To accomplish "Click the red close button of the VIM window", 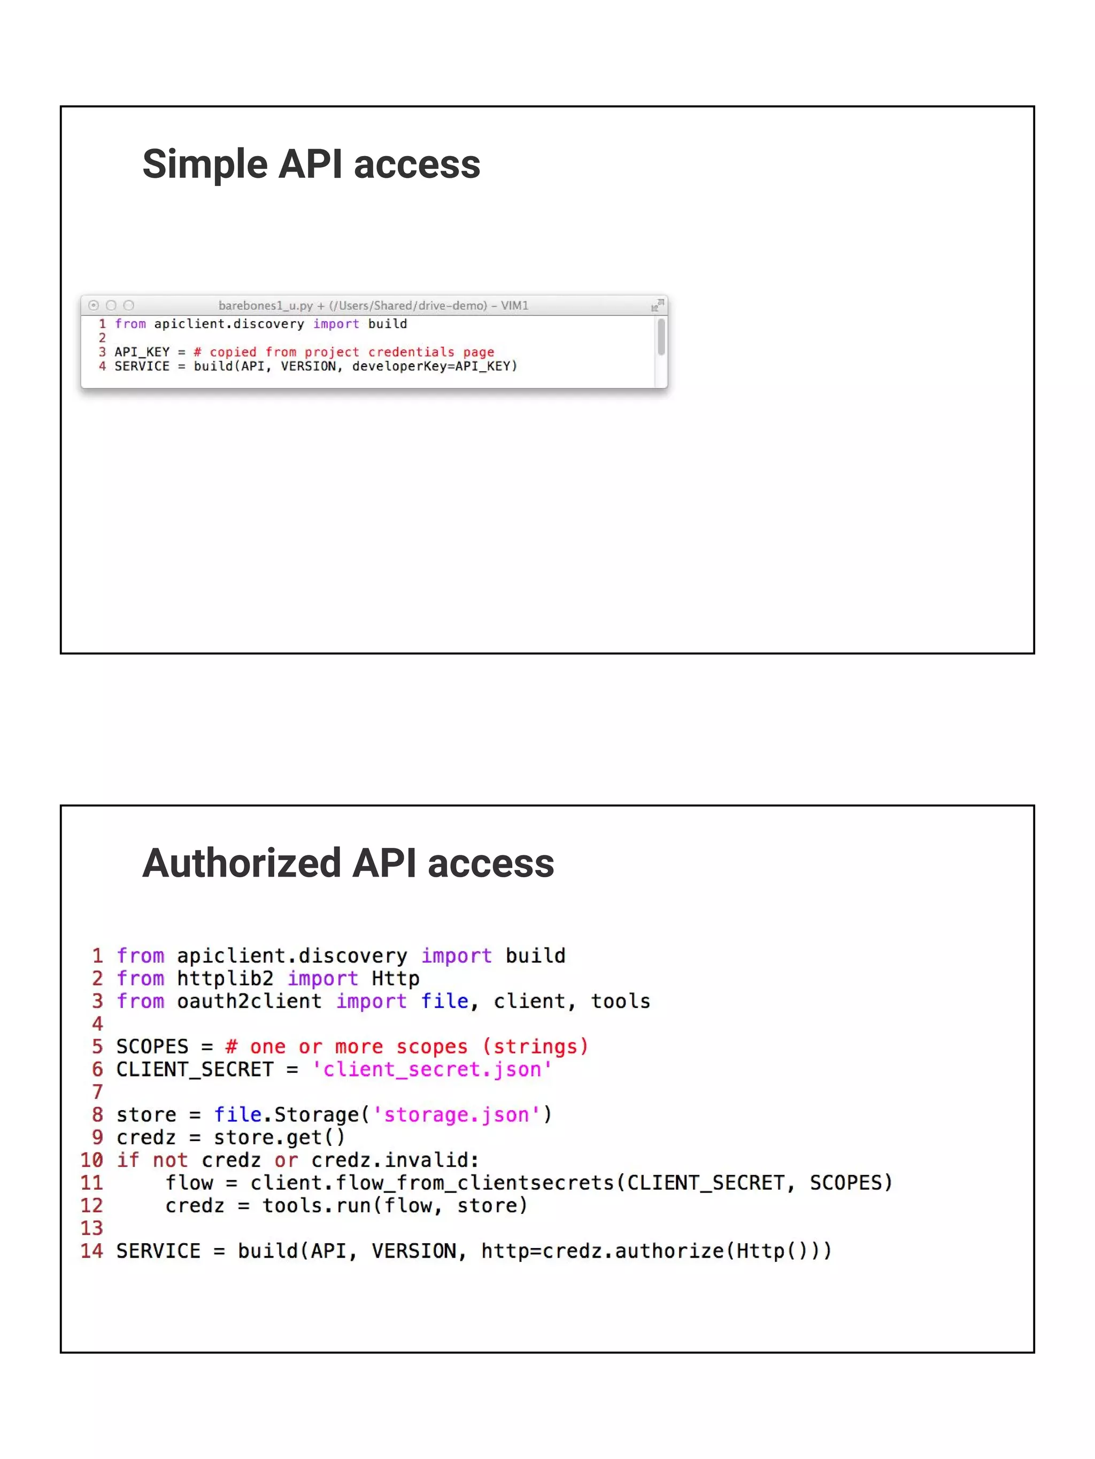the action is point(94,306).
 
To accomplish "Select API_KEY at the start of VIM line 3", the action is point(142,352).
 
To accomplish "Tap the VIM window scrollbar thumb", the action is point(661,338).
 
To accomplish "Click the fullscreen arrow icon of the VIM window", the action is point(658,305).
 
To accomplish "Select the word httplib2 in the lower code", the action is point(225,979).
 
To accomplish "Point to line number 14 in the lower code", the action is point(92,1251).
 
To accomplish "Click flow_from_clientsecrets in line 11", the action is point(474,1183).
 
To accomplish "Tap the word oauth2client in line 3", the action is point(249,1001).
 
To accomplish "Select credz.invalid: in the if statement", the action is point(395,1160).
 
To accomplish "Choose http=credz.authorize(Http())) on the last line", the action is point(656,1251).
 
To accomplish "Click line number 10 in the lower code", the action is point(92,1160).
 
